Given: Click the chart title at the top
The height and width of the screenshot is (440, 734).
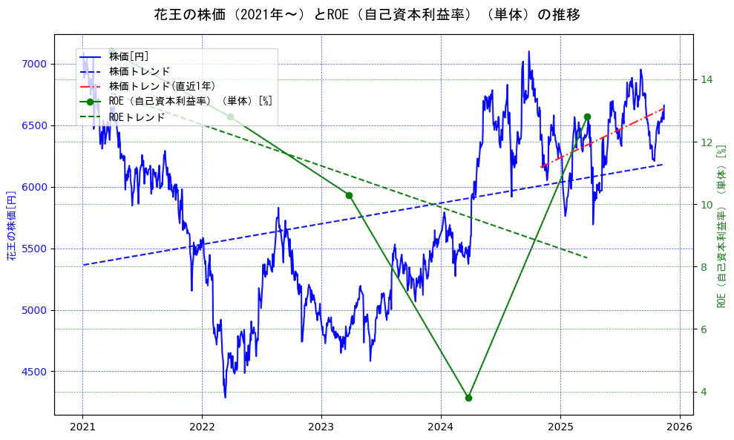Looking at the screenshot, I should (367, 15).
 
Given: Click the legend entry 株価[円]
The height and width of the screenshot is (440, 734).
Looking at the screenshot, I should (129, 56).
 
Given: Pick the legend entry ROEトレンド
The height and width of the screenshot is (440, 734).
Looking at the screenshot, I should (137, 116).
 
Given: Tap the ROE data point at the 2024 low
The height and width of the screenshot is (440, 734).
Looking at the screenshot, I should (468, 398).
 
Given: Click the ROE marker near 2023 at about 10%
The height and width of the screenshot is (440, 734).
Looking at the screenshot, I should (349, 195).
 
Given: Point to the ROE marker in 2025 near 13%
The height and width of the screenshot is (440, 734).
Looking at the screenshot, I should (587, 116).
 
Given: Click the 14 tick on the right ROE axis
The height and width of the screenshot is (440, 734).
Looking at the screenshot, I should (707, 79).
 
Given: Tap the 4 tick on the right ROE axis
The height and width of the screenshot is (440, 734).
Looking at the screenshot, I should (704, 392).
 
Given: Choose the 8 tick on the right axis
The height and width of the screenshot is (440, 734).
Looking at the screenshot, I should (704, 267).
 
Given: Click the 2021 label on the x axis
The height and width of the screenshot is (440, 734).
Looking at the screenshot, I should (82, 428).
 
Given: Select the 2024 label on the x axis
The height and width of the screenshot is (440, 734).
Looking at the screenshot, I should (441, 428).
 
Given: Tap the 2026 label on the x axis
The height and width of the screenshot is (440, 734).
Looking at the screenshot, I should (680, 428).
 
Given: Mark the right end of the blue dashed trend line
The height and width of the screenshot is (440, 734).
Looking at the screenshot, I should (661, 165).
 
